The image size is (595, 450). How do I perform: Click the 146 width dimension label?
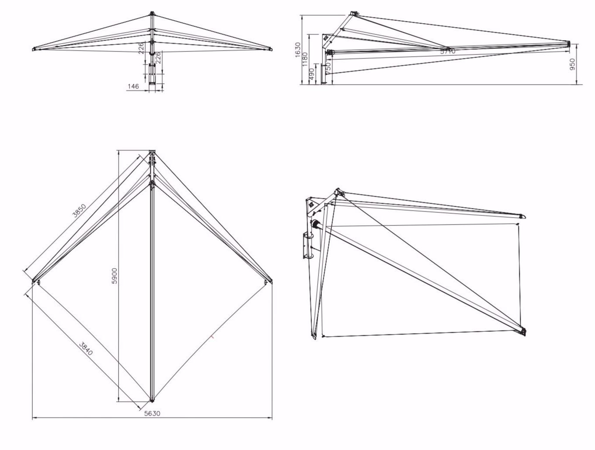(133, 86)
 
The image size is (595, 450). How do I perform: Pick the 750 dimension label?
(328, 65)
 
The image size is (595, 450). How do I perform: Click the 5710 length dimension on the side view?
(447, 51)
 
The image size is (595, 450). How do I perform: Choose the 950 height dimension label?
(572, 64)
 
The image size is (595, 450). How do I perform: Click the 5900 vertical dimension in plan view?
(115, 276)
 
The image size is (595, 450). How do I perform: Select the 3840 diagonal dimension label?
(86, 348)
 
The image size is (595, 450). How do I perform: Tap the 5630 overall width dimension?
(152, 413)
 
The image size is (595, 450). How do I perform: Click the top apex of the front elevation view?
(152, 14)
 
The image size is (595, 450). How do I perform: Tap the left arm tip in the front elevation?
(34, 49)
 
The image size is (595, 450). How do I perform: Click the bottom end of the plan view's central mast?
(152, 399)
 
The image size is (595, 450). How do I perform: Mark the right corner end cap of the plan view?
(267, 282)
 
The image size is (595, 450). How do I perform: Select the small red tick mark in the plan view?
(212, 336)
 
